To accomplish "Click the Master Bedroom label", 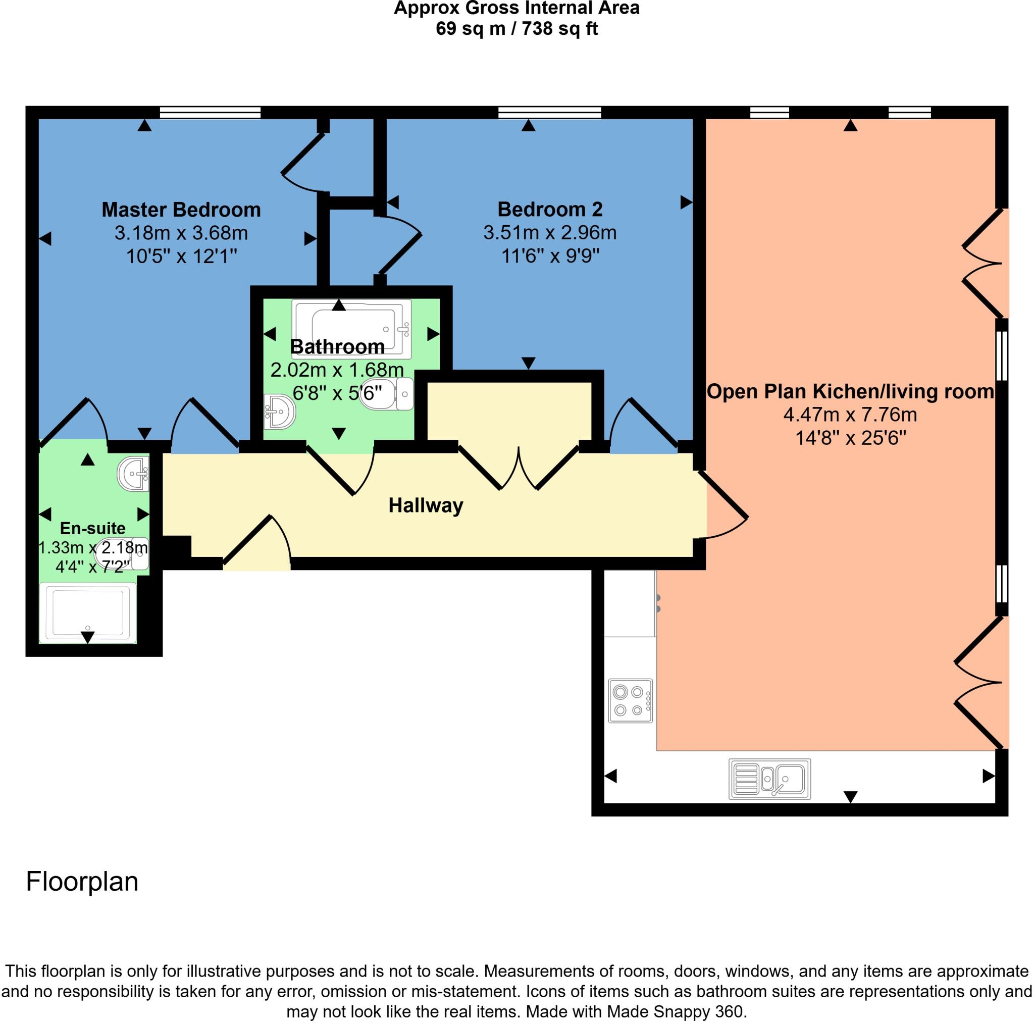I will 181,210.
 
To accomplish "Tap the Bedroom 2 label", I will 550,210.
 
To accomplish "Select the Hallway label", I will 426,505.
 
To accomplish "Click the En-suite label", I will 92,528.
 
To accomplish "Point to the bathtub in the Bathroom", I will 351,328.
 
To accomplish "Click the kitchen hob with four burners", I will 631,701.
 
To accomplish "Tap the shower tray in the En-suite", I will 88,612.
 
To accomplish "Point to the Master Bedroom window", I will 210,113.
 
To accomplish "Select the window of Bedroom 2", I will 549,113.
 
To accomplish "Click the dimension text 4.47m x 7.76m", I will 850,415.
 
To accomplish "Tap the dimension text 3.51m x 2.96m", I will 550,233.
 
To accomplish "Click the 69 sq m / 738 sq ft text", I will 516,28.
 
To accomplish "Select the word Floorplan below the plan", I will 82,882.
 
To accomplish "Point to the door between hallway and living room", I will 726,506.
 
